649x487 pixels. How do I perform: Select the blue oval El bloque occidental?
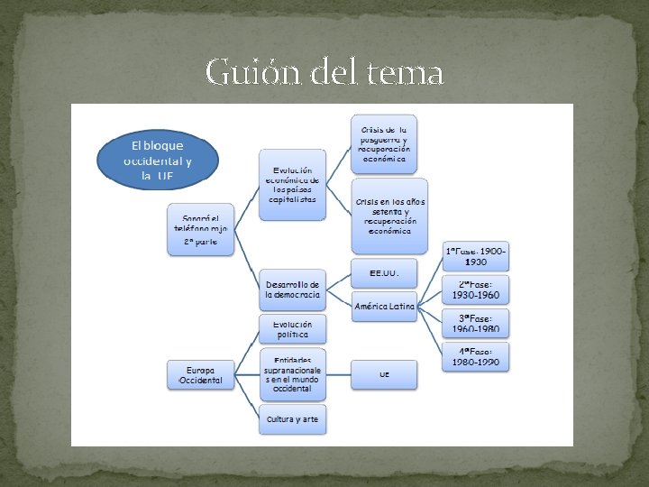158,161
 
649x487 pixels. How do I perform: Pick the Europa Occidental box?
200,375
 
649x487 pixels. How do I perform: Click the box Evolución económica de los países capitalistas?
293,185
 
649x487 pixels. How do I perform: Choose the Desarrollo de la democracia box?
292,289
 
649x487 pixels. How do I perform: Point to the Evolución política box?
292,328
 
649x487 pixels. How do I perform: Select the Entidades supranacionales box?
292,374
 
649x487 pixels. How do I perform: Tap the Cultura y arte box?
292,419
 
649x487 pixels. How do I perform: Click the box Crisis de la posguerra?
384,142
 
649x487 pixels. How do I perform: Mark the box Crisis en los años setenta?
389,216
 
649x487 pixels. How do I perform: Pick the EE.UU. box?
384,272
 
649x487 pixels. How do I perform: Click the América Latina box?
384,306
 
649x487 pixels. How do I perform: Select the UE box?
384,373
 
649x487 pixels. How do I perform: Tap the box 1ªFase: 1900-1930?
476,256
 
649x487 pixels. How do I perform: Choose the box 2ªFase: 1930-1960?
476,289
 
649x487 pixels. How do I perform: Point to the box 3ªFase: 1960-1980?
476,323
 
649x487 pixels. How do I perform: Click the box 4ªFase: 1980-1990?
476,356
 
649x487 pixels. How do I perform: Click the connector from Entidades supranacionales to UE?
338,374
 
